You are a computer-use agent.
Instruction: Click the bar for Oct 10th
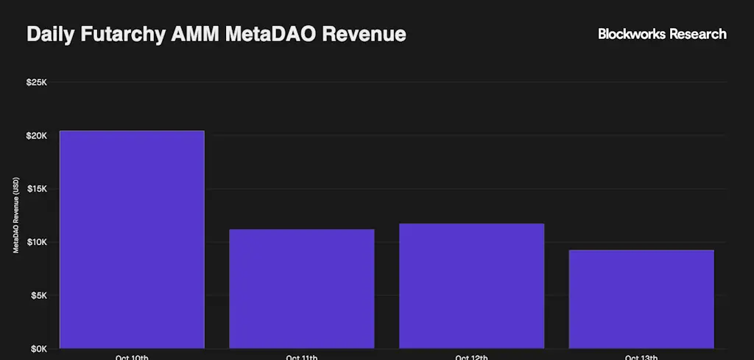(x=132, y=239)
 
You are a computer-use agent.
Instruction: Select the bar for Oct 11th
(x=302, y=289)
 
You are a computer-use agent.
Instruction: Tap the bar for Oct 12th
(x=471, y=286)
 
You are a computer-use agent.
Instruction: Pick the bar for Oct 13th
(x=641, y=299)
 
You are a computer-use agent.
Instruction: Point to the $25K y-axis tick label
(x=36, y=82)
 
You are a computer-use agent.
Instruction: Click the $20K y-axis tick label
(x=36, y=135)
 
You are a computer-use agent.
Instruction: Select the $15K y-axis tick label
(x=36, y=189)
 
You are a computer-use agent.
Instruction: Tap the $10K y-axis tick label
(x=36, y=242)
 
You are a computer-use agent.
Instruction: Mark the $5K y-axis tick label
(x=38, y=296)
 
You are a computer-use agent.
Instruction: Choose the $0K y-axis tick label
(x=38, y=349)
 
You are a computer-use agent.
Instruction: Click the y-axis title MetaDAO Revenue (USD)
(x=15, y=216)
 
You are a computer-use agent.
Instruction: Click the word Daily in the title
(x=50, y=35)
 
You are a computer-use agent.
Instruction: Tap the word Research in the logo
(x=698, y=34)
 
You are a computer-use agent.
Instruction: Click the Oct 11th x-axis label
(x=302, y=357)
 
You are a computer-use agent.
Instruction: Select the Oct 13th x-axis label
(x=641, y=357)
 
